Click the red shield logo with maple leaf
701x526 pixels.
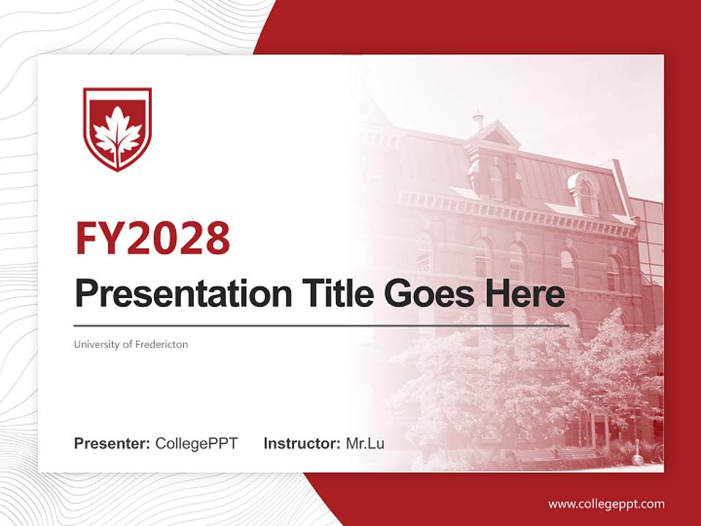(x=117, y=129)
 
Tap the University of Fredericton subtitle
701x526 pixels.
(x=131, y=344)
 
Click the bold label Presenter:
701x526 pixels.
(x=112, y=443)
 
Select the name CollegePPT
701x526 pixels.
(x=196, y=443)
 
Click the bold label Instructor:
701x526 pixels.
(x=302, y=443)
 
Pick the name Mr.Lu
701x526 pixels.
(x=365, y=443)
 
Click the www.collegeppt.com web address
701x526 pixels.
(x=606, y=504)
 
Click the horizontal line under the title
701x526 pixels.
(x=321, y=326)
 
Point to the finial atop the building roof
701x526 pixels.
(x=478, y=117)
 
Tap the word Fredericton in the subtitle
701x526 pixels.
(x=161, y=344)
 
